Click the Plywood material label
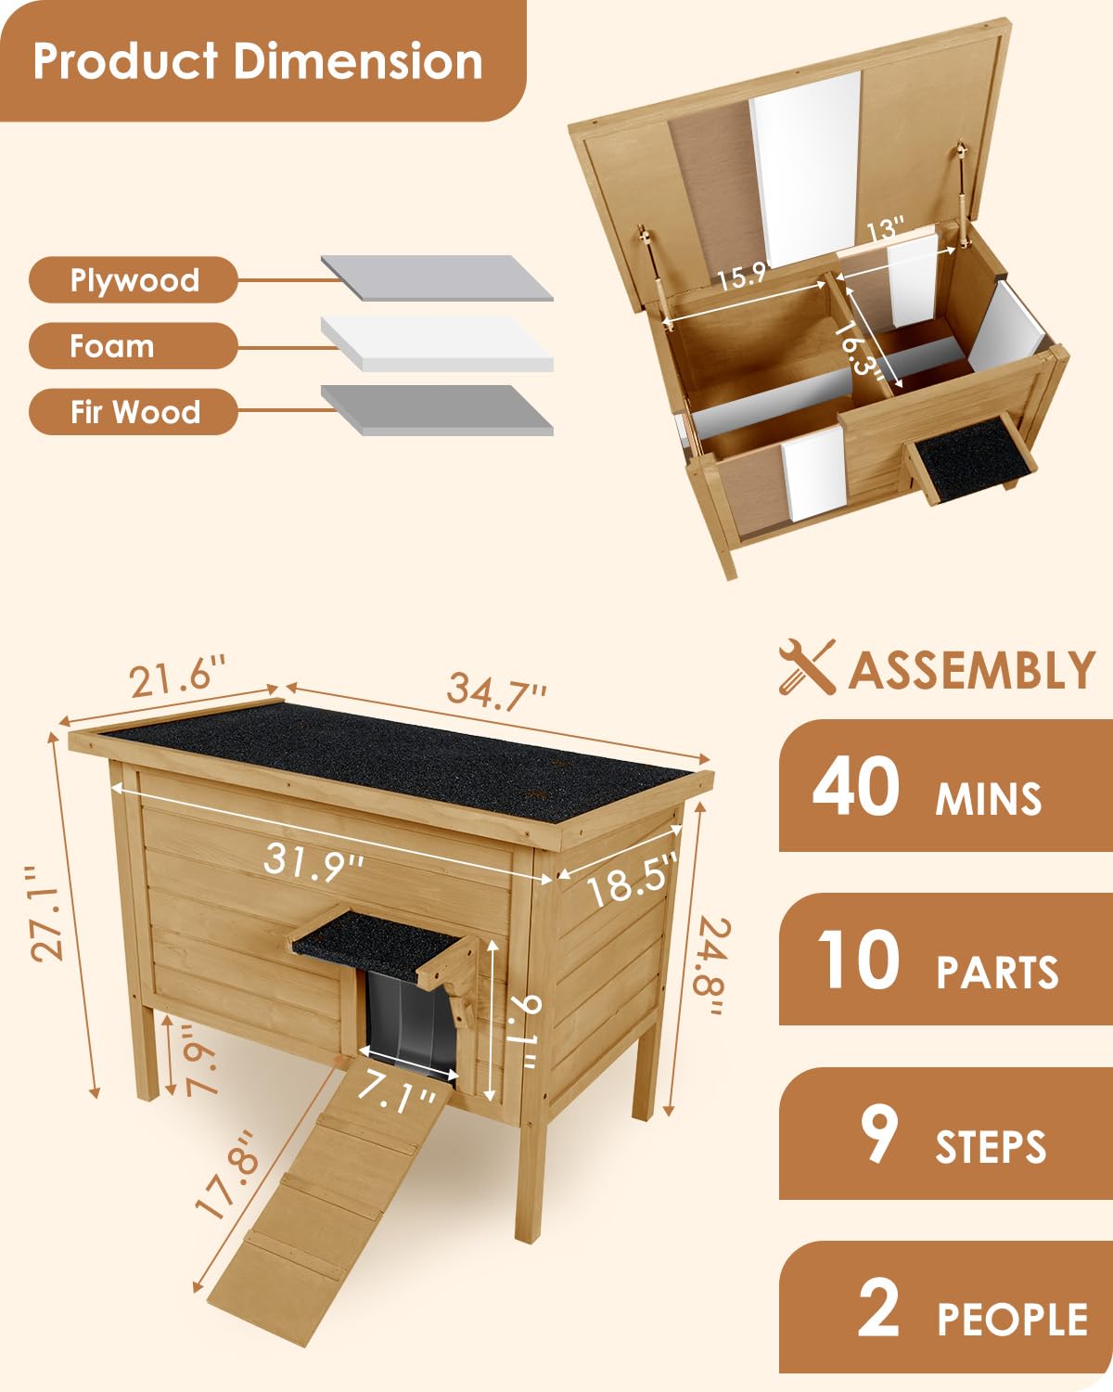click(134, 280)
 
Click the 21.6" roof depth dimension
click(177, 677)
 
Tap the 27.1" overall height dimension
click(46, 913)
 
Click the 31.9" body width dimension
click(313, 863)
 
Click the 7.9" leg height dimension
click(199, 1061)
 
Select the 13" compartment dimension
click(884, 229)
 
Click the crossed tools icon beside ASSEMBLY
click(807, 667)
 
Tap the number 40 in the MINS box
click(855, 787)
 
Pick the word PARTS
click(997, 973)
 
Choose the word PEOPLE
click(1013, 1320)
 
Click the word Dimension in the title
click(358, 61)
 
